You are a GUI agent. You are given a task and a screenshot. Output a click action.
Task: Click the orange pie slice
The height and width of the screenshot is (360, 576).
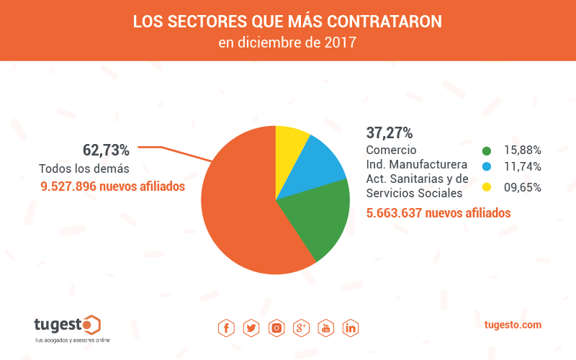[x=238, y=209]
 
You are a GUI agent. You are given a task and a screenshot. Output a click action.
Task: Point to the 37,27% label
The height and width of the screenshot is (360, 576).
[x=390, y=132]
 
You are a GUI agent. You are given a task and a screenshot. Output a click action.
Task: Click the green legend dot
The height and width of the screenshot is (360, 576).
[x=487, y=150]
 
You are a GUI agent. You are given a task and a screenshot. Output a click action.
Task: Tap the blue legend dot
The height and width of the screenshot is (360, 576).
[x=487, y=167]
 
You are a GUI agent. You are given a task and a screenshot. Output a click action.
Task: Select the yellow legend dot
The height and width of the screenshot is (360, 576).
[x=487, y=187]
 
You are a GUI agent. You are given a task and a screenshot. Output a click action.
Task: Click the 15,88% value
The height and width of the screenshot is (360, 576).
[x=523, y=150]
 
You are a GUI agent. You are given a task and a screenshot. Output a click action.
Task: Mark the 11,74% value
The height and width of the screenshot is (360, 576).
[x=523, y=167]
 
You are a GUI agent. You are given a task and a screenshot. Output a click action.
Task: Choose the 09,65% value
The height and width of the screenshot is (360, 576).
[x=523, y=187]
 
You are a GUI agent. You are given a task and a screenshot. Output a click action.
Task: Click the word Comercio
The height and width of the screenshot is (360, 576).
[x=392, y=150]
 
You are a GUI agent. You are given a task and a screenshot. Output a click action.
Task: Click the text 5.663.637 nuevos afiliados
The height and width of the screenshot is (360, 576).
[x=438, y=213]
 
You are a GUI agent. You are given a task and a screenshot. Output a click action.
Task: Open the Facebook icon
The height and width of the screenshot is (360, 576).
[x=226, y=328]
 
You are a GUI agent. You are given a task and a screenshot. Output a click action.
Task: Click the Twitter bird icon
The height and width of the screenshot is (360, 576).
[x=251, y=328]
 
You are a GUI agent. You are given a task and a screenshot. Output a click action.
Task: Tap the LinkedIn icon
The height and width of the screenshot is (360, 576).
[x=351, y=328]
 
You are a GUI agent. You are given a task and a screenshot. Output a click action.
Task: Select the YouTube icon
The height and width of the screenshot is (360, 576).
[x=326, y=328]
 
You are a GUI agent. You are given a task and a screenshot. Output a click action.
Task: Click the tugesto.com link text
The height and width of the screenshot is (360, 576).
[x=513, y=325]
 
